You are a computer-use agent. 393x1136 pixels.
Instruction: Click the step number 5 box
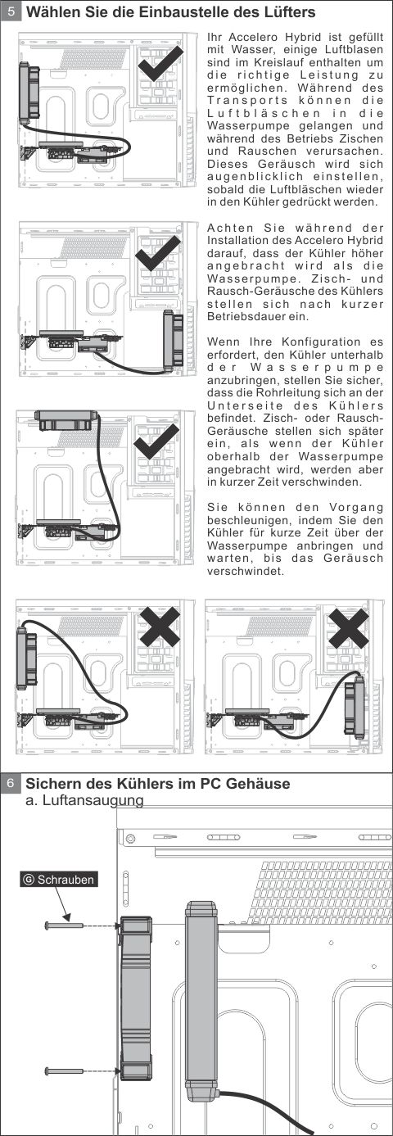(x=11, y=12)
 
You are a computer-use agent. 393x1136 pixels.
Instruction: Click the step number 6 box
(x=11, y=784)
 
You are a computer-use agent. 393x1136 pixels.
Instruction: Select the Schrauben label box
(x=59, y=880)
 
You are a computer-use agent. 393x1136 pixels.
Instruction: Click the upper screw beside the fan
(x=65, y=926)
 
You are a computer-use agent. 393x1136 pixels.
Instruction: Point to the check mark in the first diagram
(x=160, y=63)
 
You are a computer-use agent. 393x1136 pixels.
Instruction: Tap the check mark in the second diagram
(x=157, y=253)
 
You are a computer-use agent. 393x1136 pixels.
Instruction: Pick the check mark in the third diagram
(x=156, y=441)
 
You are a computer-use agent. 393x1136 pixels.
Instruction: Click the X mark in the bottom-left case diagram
(x=160, y=627)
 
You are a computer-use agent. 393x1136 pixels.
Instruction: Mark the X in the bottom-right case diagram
(x=349, y=628)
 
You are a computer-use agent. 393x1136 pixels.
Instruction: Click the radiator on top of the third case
(x=66, y=419)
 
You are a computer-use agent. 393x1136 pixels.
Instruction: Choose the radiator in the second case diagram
(x=173, y=340)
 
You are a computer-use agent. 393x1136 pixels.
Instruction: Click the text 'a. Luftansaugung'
(x=84, y=800)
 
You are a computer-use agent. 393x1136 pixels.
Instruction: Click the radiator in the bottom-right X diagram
(x=355, y=708)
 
